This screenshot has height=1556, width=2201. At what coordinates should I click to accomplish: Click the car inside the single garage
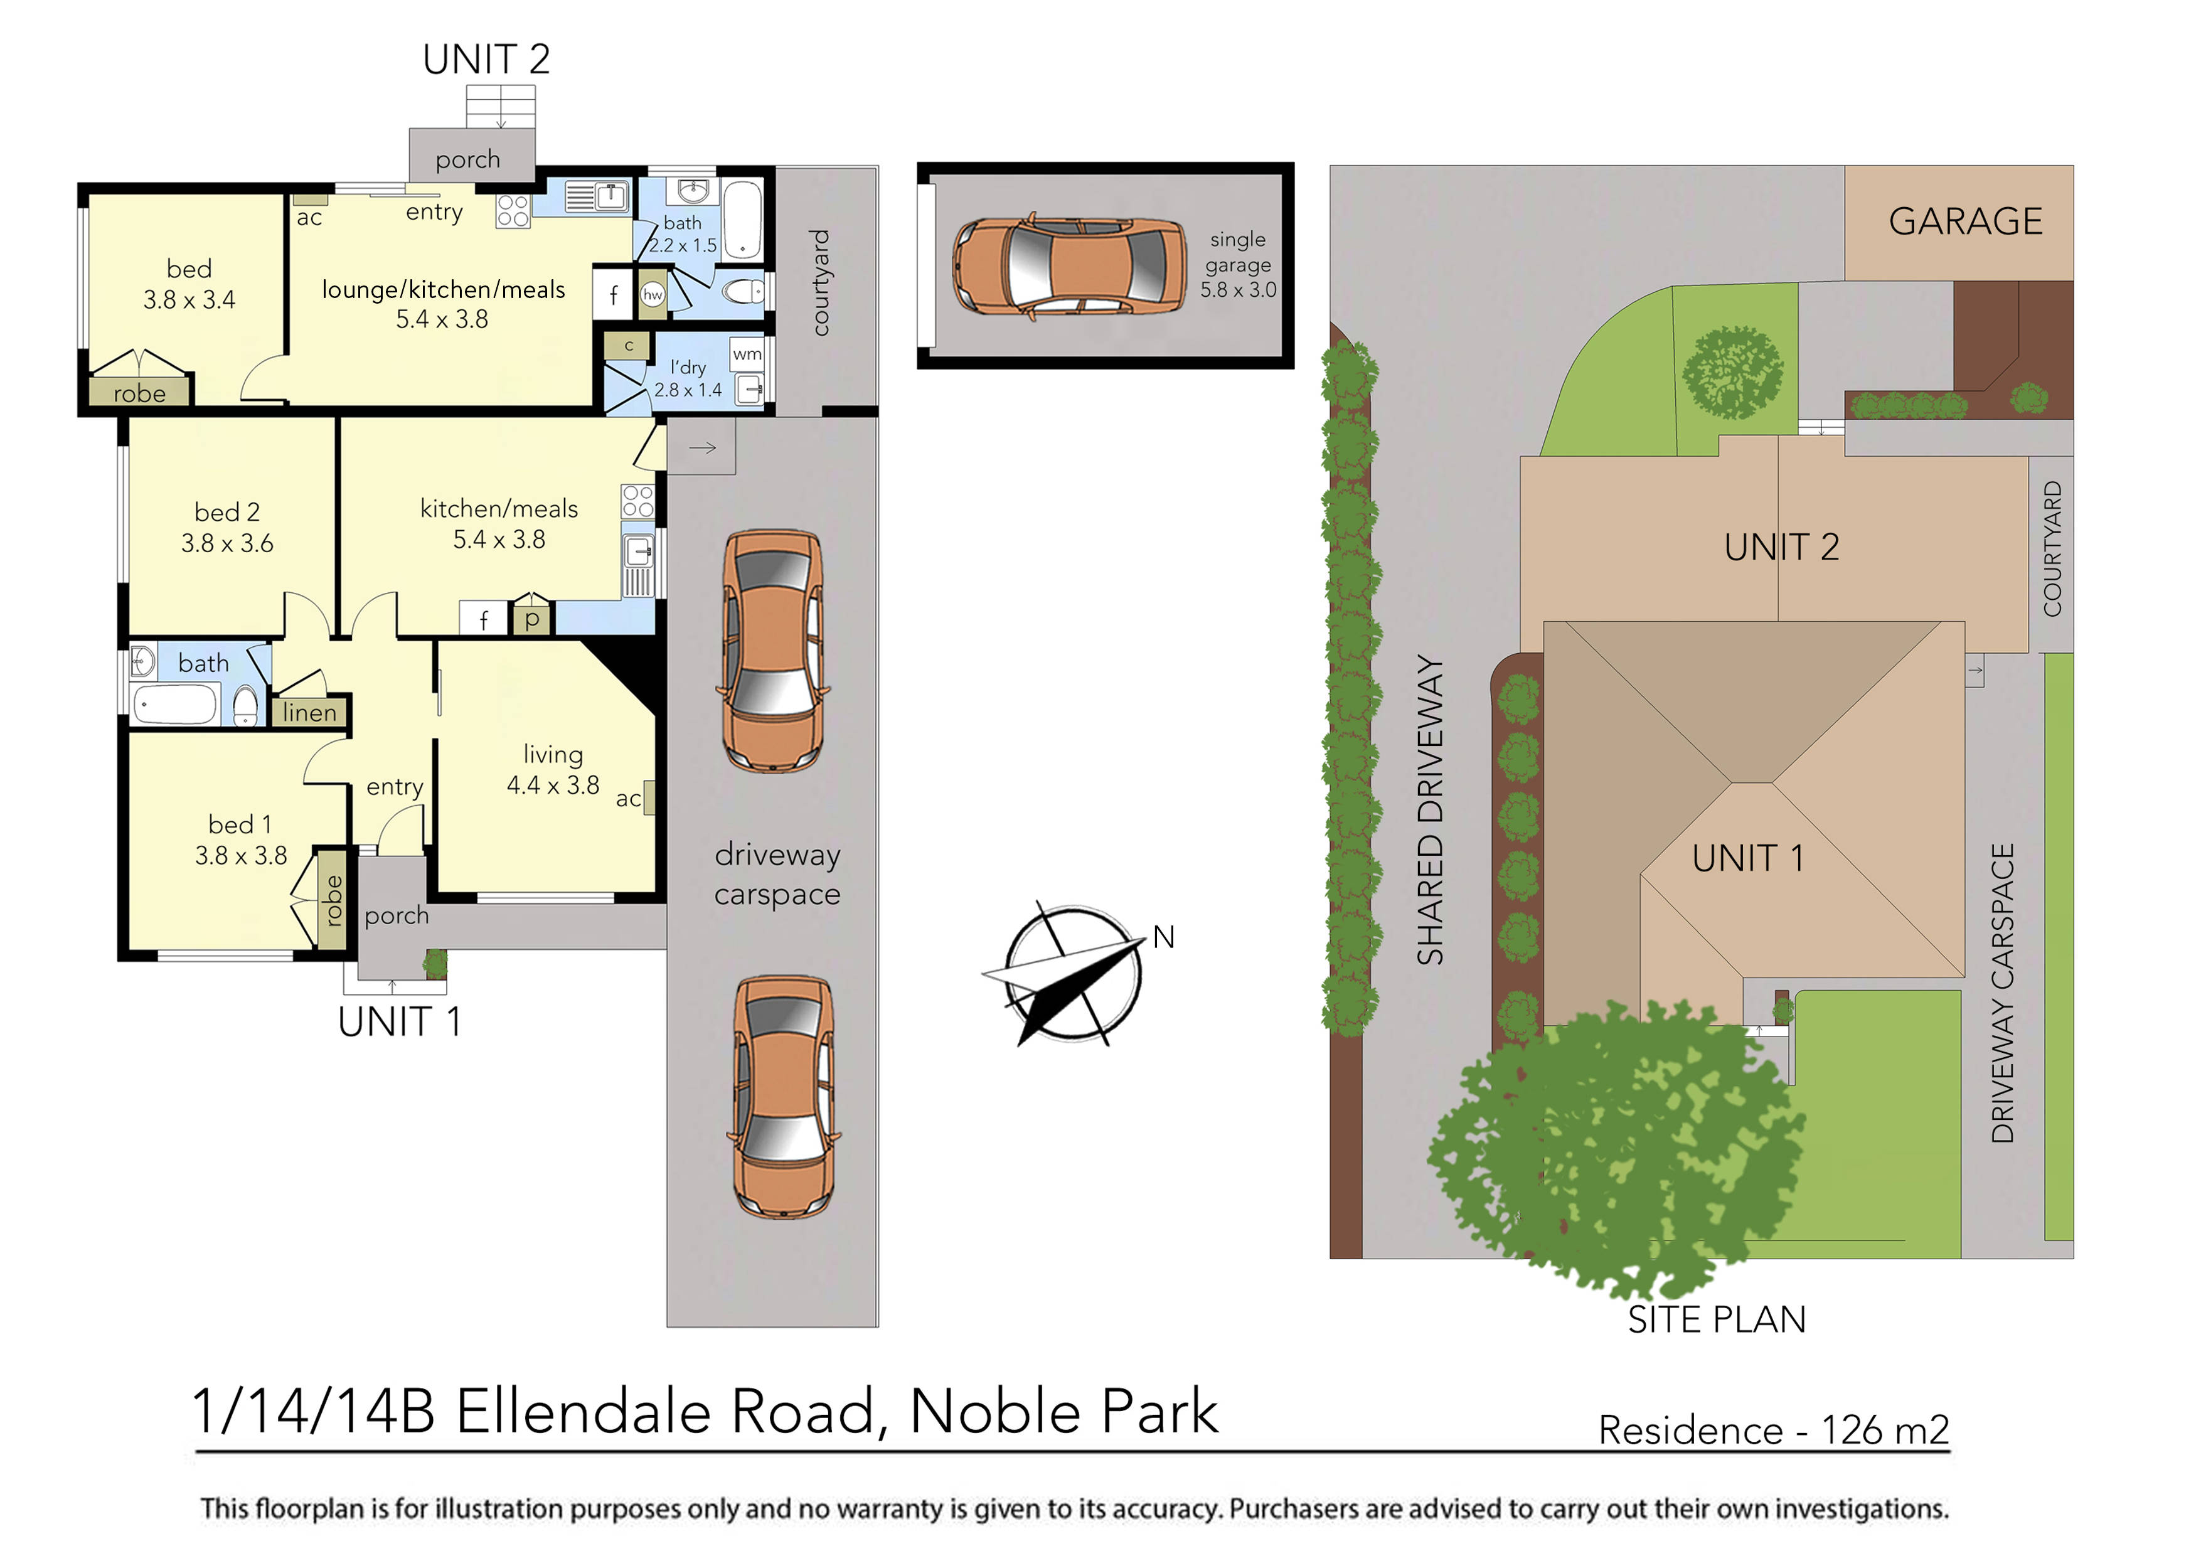pyautogui.click(x=1070, y=265)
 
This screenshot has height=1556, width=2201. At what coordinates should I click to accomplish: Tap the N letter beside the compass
pyautogui.click(x=1164, y=937)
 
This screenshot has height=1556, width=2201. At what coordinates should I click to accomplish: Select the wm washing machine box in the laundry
pyautogui.click(x=747, y=354)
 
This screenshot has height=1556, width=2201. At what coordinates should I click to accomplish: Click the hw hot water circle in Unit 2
pyautogui.click(x=653, y=294)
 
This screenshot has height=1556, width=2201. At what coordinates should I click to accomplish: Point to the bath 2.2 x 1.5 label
pyautogui.click(x=683, y=234)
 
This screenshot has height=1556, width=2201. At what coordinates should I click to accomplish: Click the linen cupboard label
pyautogui.click(x=310, y=712)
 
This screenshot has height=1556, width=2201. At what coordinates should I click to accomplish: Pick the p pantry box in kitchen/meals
pyautogui.click(x=532, y=619)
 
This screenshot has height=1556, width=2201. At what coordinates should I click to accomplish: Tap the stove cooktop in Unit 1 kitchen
pyautogui.click(x=637, y=501)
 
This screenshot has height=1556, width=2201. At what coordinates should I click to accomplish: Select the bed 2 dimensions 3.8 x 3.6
pyautogui.click(x=227, y=543)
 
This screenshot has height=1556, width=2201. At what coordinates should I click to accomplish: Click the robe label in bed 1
pyautogui.click(x=333, y=901)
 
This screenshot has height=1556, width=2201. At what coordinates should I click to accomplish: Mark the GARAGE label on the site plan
pyautogui.click(x=1965, y=221)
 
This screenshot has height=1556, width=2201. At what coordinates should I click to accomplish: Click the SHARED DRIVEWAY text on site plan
pyautogui.click(x=1429, y=809)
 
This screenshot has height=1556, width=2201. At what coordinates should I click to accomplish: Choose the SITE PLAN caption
pyautogui.click(x=1716, y=1320)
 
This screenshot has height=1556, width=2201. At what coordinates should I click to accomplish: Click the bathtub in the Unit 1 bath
pyautogui.click(x=174, y=705)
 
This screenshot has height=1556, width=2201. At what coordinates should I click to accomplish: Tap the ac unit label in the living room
pyautogui.click(x=628, y=799)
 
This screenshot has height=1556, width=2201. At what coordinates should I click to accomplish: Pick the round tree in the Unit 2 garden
pyautogui.click(x=1732, y=373)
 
